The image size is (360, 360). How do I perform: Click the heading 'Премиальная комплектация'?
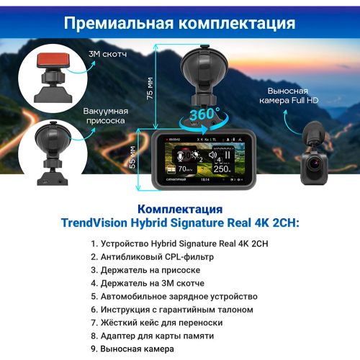coord(180,22)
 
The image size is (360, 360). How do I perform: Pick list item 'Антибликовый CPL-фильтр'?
coord(156,256)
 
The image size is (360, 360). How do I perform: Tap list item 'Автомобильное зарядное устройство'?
coord(178,296)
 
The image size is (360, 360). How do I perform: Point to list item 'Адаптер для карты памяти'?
coord(157,336)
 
